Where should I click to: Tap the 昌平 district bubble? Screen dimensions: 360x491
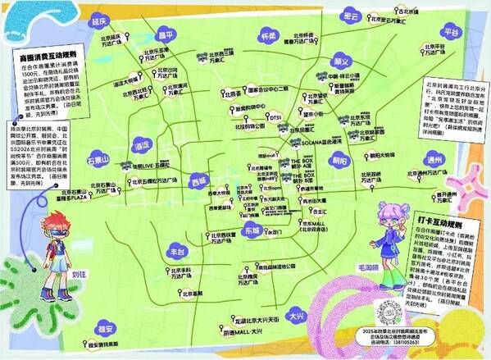click(167, 34)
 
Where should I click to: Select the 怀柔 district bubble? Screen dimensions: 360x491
click(267, 37)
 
